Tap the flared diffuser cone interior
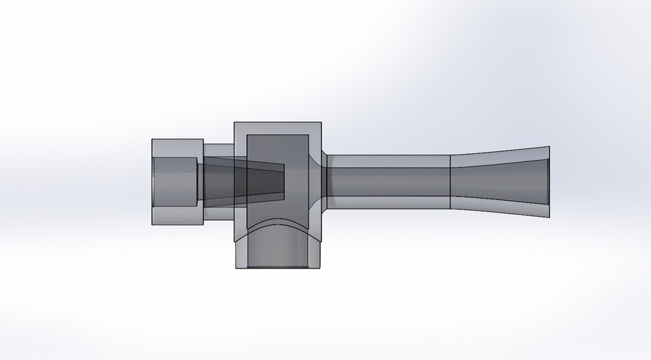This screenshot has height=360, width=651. coord(502,182)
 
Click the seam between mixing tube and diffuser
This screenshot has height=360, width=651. coord(450,182)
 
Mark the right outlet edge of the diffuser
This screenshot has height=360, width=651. coord(549,182)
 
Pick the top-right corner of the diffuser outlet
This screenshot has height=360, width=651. coord(549,146)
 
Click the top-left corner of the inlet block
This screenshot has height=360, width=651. coord(152,140)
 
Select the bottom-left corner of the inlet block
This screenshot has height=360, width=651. coord(152,225)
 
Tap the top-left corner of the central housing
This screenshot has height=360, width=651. coord(234,123)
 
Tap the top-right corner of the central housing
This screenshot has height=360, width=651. coord(320,123)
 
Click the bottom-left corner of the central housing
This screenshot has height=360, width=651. coord(234,268)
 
